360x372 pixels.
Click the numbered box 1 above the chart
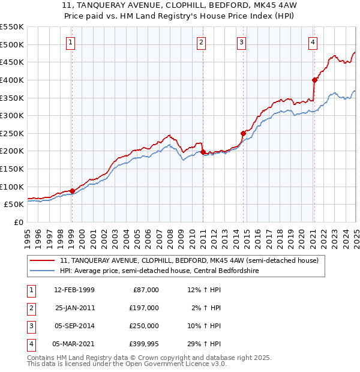pyautogui.click(x=71, y=42)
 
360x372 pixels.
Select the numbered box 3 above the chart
pyautogui.click(x=241, y=42)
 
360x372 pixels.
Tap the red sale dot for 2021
pyautogui.click(x=314, y=79)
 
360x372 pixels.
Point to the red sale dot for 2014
pyautogui.click(x=243, y=133)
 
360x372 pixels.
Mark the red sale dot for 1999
pyautogui.click(x=73, y=191)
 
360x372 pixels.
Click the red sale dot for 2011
pyautogui.click(x=203, y=152)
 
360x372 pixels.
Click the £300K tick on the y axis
pyautogui.click(x=12, y=115)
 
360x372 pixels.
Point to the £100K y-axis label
pyautogui.click(x=12, y=187)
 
